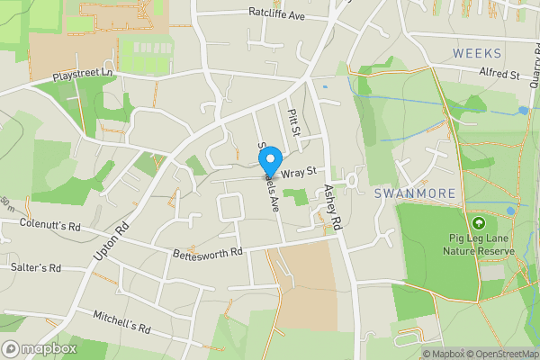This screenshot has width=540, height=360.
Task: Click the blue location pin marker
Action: (268, 163)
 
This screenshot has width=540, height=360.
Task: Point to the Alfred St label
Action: (501, 74)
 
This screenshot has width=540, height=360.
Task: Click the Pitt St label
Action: (292, 117)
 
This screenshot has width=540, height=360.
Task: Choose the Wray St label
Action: (300, 171)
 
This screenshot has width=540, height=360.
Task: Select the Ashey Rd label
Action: (333, 206)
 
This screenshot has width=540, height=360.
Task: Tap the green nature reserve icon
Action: (478, 222)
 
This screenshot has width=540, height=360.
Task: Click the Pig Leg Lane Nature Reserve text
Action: (478, 244)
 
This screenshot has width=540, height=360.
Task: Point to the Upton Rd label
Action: (112, 243)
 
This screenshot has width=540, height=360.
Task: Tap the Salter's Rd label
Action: (36, 267)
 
